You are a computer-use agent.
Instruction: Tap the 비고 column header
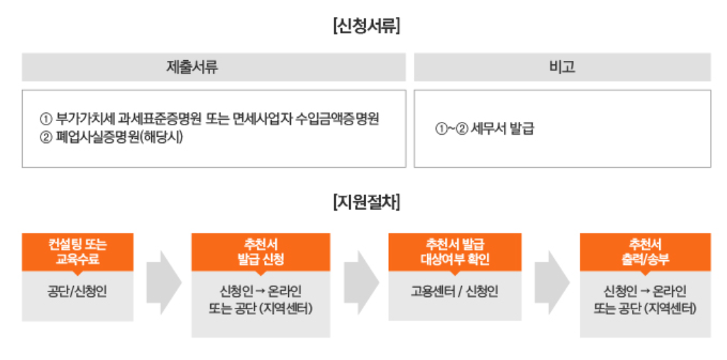pyautogui.click(x=561, y=67)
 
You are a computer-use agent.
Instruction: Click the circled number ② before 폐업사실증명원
pyautogui.click(x=46, y=136)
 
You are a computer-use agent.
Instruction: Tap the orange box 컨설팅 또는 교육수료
pyautogui.click(x=77, y=252)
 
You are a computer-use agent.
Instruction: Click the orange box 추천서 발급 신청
pyautogui.click(x=260, y=252)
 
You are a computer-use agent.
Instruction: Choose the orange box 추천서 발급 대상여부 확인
pyautogui.click(x=455, y=252)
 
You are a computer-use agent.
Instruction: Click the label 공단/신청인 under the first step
pyautogui.click(x=77, y=291)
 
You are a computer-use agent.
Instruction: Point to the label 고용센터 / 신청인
pyautogui.click(x=455, y=291)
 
